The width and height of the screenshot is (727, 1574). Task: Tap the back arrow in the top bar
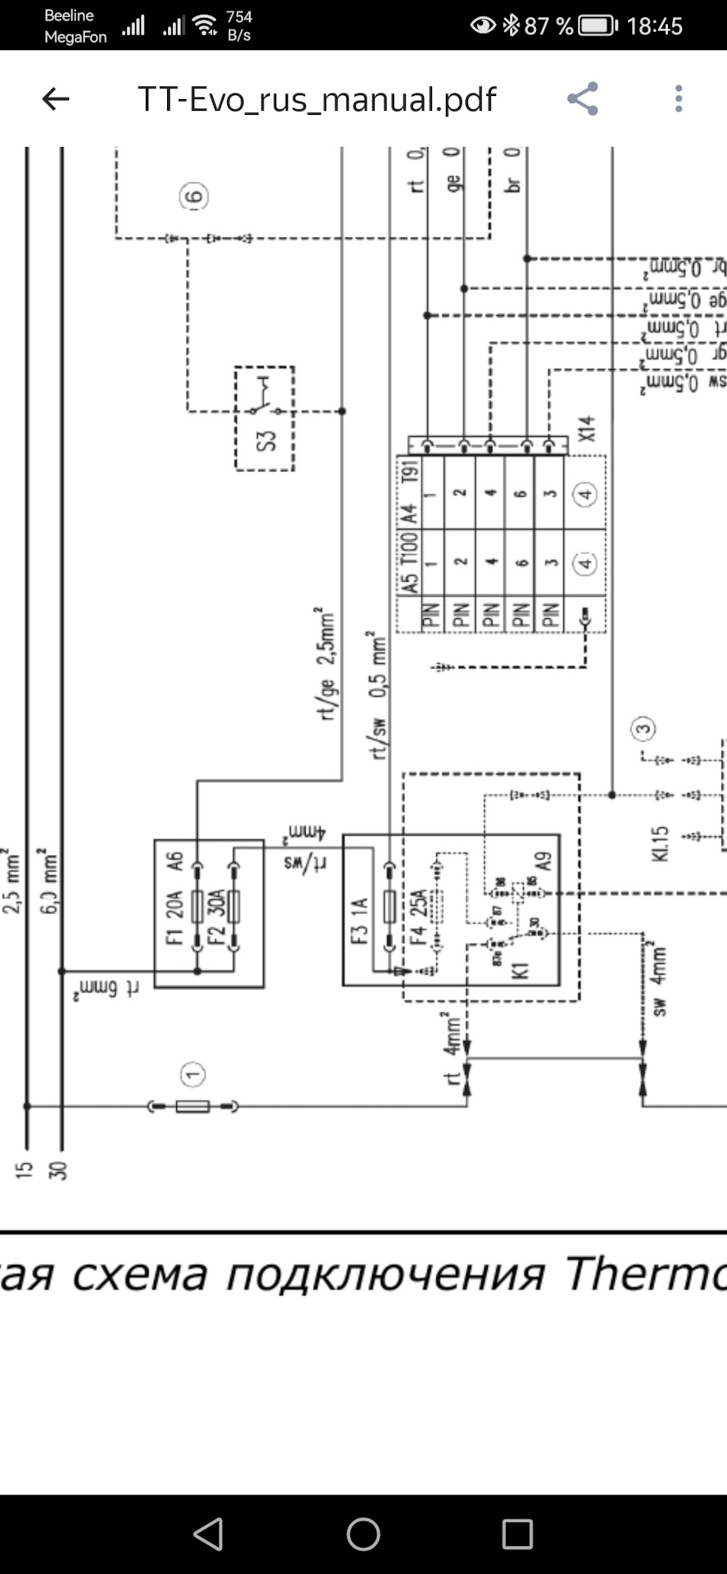pos(56,99)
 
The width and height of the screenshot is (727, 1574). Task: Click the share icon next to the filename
pos(583,99)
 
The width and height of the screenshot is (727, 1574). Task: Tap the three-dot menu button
pos(679,99)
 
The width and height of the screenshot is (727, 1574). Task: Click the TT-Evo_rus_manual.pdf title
pos(316,99)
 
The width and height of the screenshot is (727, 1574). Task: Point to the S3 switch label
pos(266,439)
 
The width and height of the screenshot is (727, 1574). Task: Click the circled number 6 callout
pos(194,197)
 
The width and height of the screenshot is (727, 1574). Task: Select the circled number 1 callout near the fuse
pos(193,1074)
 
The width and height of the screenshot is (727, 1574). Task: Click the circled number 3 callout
pos(643,728)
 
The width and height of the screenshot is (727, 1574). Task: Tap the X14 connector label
pos(587,430)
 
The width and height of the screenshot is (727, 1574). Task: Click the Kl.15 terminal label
pos(661,844)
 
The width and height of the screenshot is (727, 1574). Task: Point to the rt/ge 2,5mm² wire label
pos(326,664)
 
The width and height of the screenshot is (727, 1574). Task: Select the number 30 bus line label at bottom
pos(57,1171)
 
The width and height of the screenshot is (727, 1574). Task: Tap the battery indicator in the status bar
pos(598,26)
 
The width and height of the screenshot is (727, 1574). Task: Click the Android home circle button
pos(363,1534)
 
